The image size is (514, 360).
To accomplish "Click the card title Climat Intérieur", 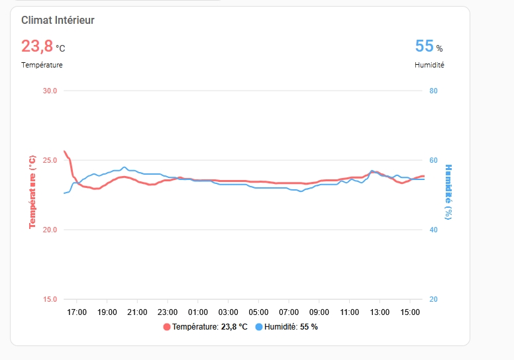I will coord(58,21).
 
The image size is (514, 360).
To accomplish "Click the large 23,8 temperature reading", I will coord(37,46).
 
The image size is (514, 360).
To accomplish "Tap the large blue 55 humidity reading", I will coord(424,46).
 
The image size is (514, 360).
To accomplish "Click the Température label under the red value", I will coord(42,65).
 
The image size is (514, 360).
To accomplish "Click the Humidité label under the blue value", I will coord(429,65).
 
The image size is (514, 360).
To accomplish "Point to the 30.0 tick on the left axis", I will coord(50,91).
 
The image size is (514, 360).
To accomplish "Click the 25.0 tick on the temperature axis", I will coord(50,160).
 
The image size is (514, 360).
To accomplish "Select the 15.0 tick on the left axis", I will coord(50,299).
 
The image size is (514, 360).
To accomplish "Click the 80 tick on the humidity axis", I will coord(433,91).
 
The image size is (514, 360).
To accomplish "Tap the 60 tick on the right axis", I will coord(433,160).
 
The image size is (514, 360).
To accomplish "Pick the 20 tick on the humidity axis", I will coord(433,299).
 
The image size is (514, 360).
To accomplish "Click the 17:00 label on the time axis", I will coord(77,312).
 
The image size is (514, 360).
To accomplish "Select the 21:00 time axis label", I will coord(137,312).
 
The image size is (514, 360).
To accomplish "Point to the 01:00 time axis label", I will coord(198,312).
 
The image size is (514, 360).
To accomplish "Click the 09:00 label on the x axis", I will coord(319,312).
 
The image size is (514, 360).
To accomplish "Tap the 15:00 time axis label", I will coord(410,312).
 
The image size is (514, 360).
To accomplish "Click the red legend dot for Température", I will coord(167,327).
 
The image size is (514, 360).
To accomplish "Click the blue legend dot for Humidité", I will coord(259,327).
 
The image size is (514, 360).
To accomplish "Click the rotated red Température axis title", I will coord(32,193).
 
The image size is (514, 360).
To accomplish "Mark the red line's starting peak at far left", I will coord(64,151).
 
